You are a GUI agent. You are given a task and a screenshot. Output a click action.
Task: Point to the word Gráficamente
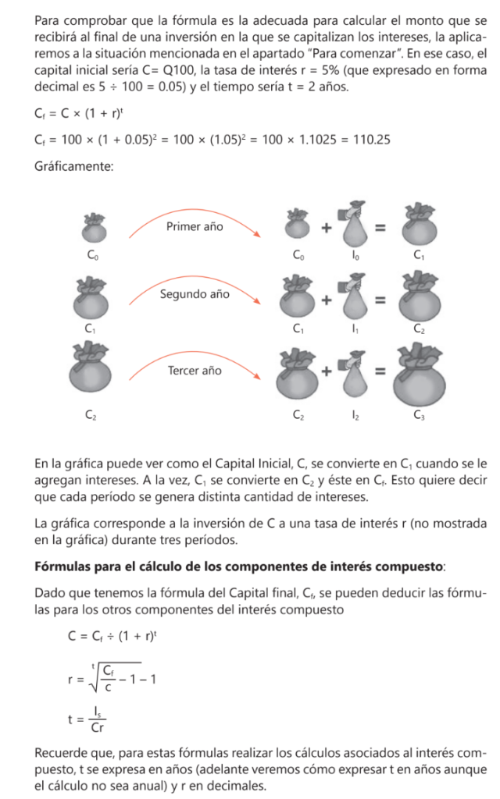click(x=74, y=166)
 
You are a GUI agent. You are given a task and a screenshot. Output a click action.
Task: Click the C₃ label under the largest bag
click(x=420, y=417)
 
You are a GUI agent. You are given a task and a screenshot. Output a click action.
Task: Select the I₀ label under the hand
click(x=355, y=255)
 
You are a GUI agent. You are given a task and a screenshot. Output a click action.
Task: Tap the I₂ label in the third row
click(x=355, y=417)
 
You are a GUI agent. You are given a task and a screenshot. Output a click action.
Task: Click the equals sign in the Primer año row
click(x=380, y=228)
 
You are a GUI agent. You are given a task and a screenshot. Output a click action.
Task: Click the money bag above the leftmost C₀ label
click(x=93, y=227)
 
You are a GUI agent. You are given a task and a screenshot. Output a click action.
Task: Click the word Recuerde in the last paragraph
click(x=62, y=754)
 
